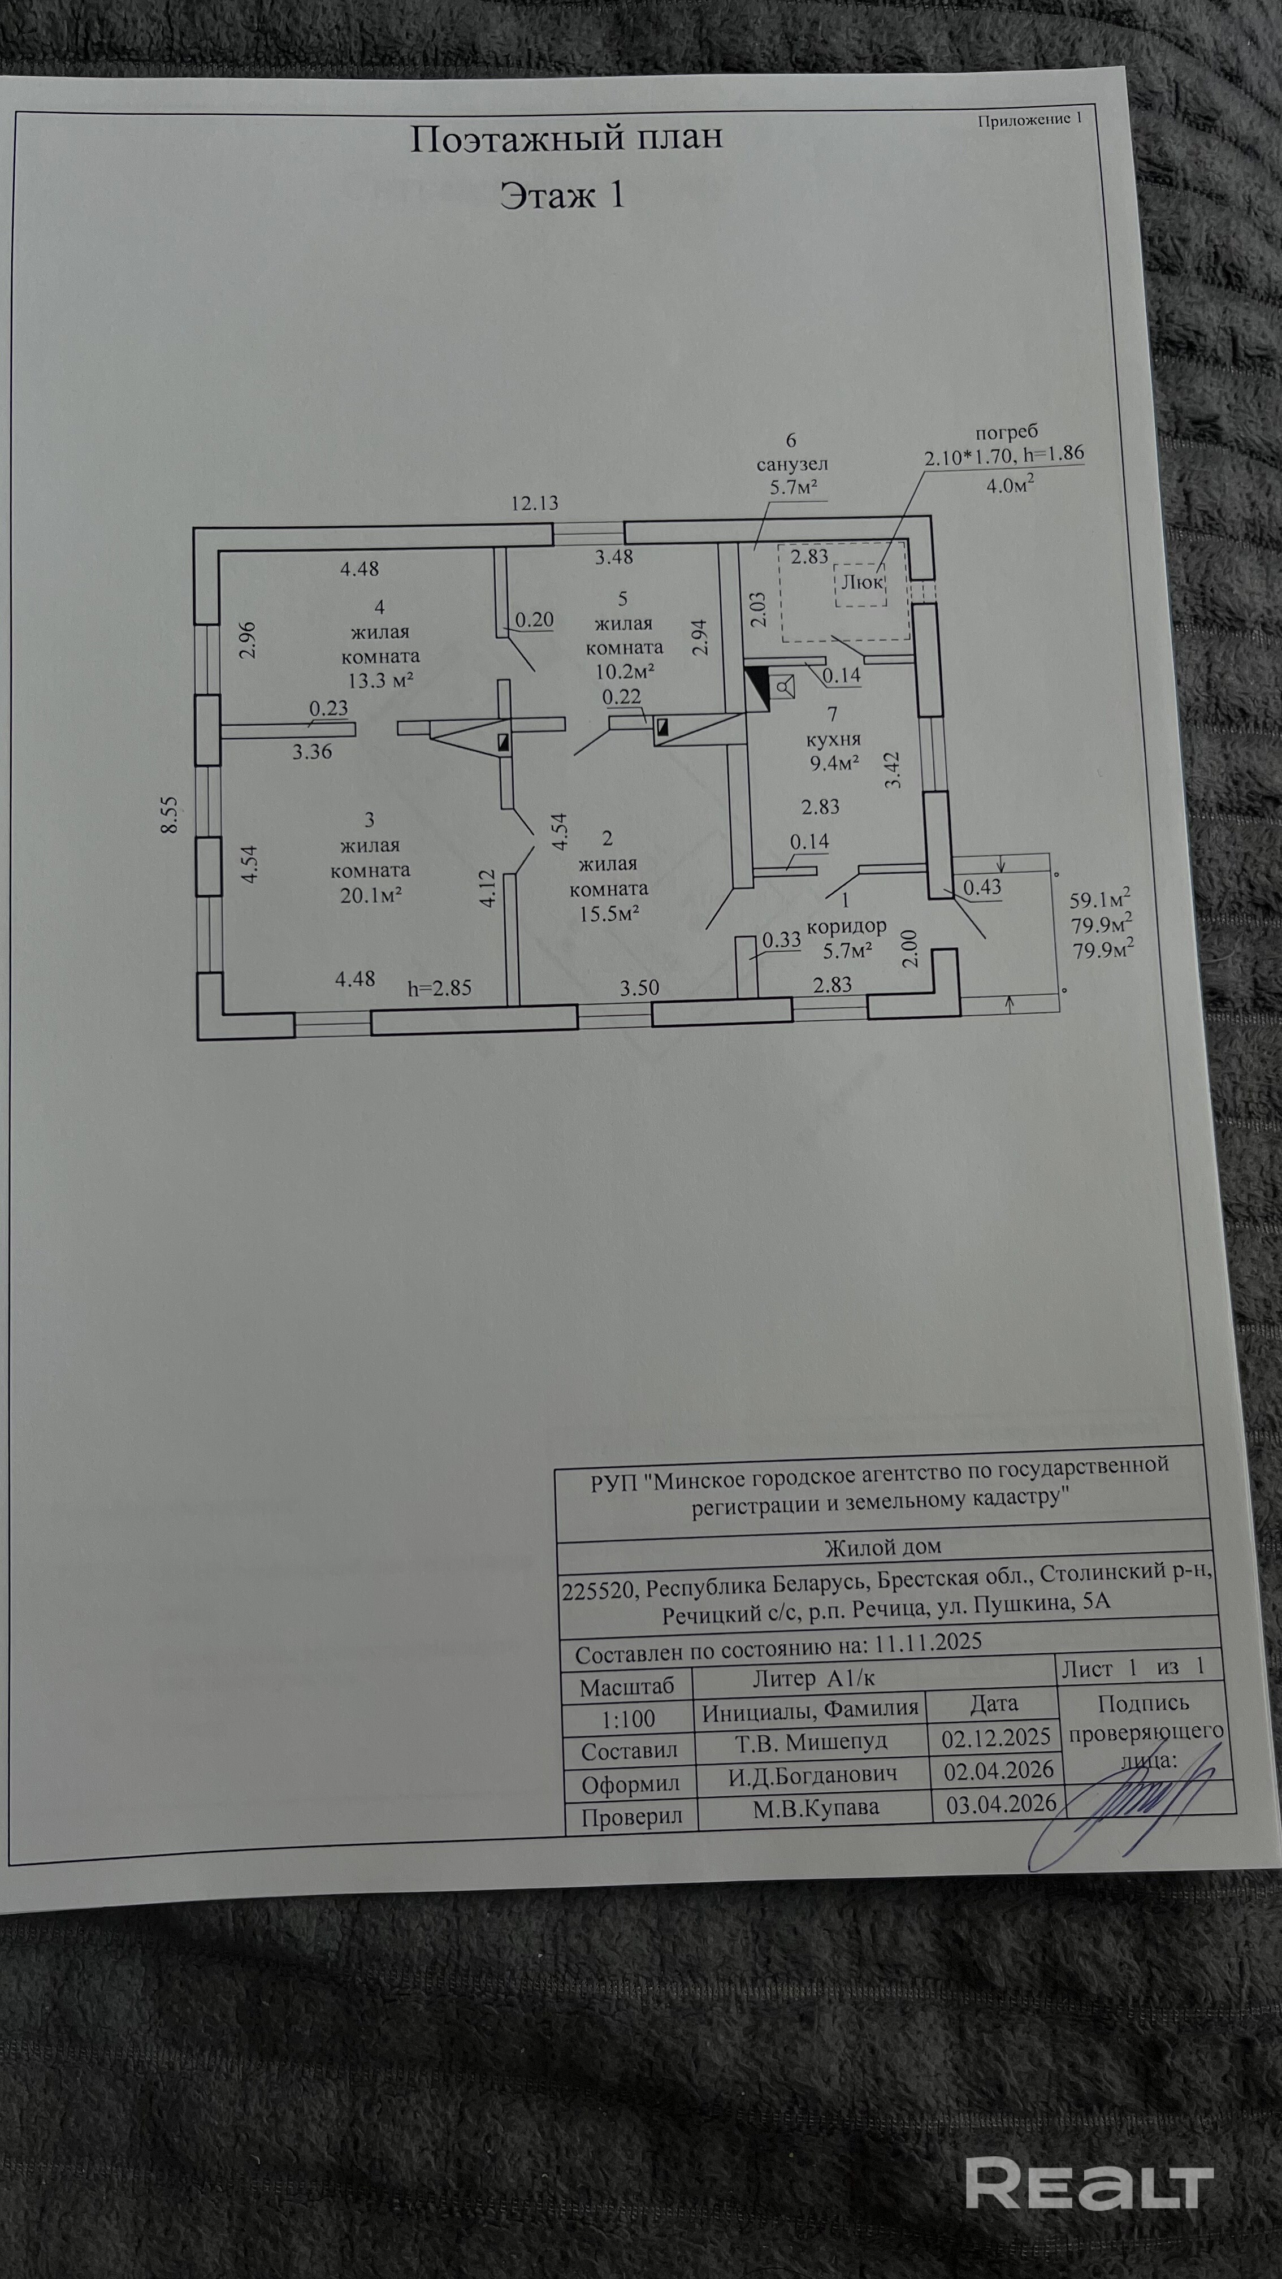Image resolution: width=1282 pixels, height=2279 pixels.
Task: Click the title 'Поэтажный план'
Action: pos(566,138)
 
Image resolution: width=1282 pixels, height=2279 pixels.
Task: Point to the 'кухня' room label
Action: pos(833,738)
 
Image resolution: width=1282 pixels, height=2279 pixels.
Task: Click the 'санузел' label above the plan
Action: pos(792,463)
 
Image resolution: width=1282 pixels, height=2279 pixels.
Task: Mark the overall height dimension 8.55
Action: pos(169,814)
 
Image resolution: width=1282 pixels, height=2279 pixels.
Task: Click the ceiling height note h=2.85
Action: pos(440,988)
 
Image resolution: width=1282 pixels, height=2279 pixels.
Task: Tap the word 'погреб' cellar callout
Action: pos(1007,432)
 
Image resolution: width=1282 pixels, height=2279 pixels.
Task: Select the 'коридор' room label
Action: pos(847,927)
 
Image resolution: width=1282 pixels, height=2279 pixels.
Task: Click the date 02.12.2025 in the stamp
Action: pos(996,1737)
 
